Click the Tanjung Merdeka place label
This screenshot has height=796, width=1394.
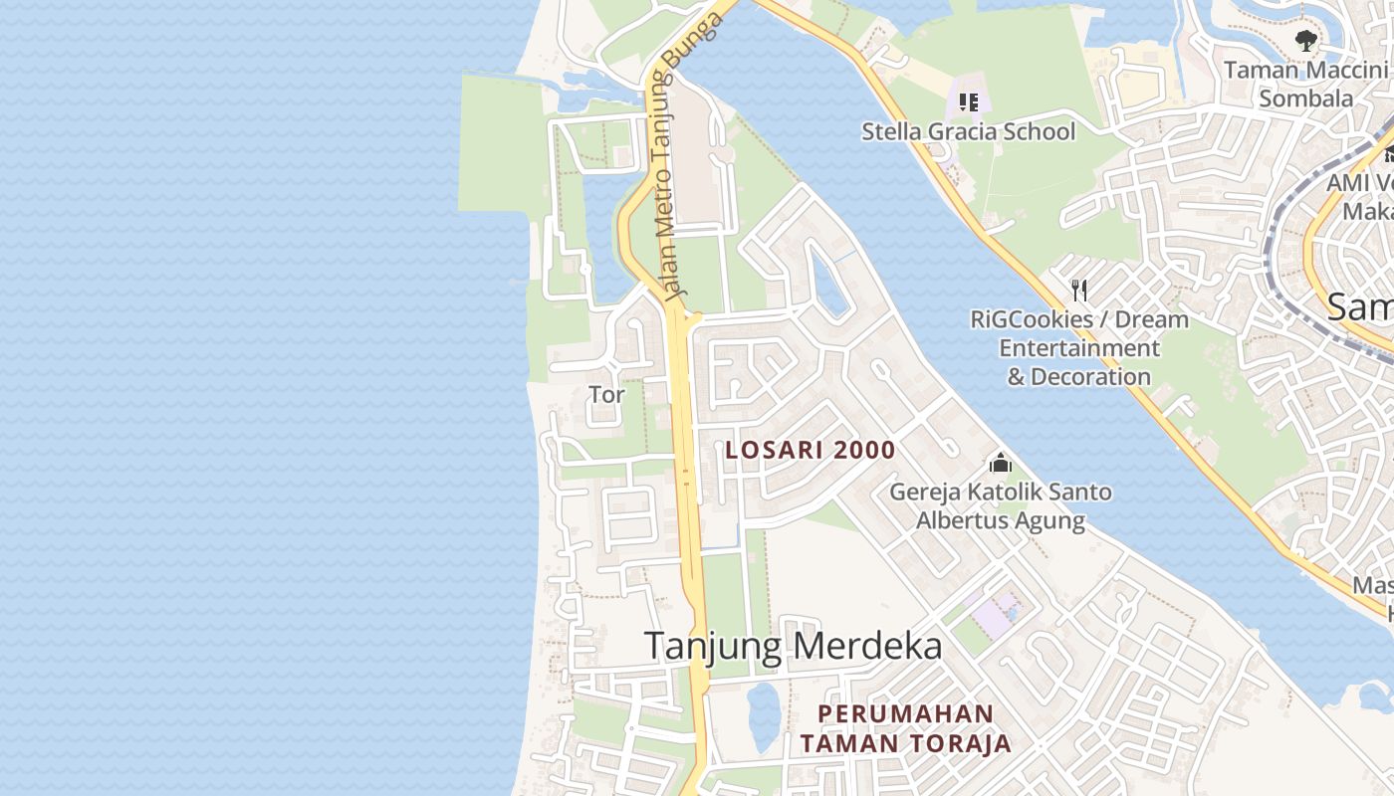pyautogui.click(x=793, y=646)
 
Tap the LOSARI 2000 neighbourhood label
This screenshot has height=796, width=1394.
pyautogui.click(x=811, y=450)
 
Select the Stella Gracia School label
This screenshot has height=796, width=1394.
pyautogui.click(x=968, y=131)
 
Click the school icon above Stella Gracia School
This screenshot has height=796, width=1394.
pyautogui.click(x=969, y=101)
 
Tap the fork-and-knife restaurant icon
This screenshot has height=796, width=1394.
pyautogui.click(x=1078, y=290)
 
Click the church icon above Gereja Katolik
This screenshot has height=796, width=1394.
pyautogui.click(x=1000, y=463)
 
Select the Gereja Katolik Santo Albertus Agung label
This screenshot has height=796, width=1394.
pyautogui.click(x=1000, y=506)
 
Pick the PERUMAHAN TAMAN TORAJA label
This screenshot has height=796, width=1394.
pyautogui.click(x=906, y=728)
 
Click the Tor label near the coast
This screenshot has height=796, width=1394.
pyautogui.click(x=606, y=394)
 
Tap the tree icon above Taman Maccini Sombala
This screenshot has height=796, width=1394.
pyautogui.click(x=1305, y=41)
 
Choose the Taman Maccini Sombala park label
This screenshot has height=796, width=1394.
pyautogui.click(x=1305, y=85)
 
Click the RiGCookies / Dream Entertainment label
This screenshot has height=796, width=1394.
pyautogui.click(x=1079, y=348)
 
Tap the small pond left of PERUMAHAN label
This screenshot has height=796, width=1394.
pyautogui.click(x=764, y=714)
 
